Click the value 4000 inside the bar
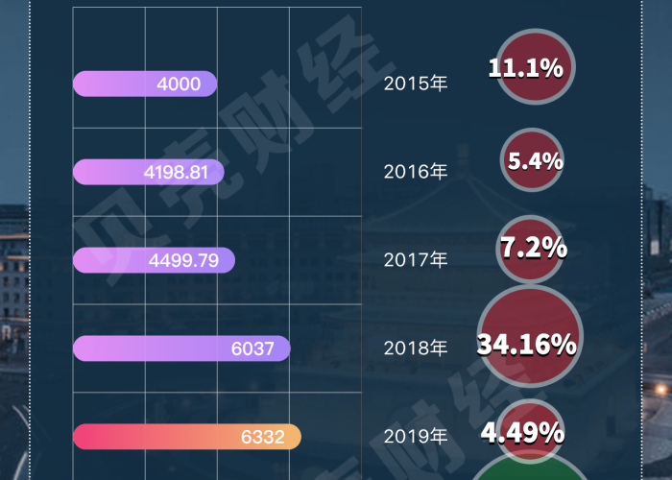point(179,84)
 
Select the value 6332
point(262,438)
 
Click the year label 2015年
point(416,84)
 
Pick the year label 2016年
point(416,173)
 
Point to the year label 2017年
point(416,260)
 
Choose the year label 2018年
point(416,348)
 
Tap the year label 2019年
point(416,437)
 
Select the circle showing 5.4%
point(534,159)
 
